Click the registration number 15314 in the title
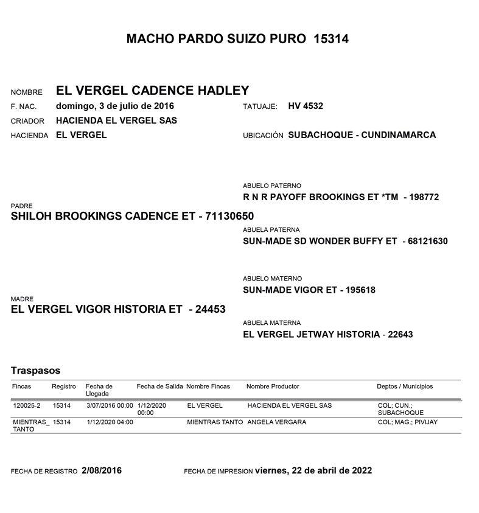point(330,39)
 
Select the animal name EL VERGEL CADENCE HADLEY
point(152,91)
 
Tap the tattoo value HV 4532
point(306,106)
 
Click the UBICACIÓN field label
point(263,136)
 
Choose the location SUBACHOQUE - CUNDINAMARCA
point(362,135)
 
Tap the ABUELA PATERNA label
point(271,230)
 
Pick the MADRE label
point(22,299)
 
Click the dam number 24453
point(207,310)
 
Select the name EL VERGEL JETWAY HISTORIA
point(311,334)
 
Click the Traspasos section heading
point(35,370)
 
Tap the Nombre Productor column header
point(273,386)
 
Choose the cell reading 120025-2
point(26,405)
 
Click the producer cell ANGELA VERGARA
point(277,422)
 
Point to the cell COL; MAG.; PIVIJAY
point(407,422)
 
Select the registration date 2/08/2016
point(101,471)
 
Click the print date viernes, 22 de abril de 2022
point(313,471)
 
